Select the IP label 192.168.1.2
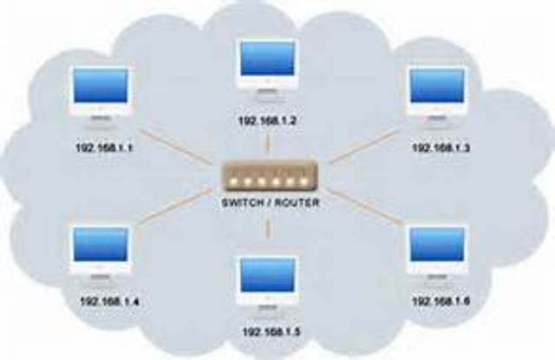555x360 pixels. coord(267,121)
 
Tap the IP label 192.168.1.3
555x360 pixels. coord(440,148)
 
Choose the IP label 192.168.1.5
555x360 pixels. coord(267,331)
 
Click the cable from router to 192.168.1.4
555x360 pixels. coord(178,208)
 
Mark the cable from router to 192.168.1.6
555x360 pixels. coord(364,208)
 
